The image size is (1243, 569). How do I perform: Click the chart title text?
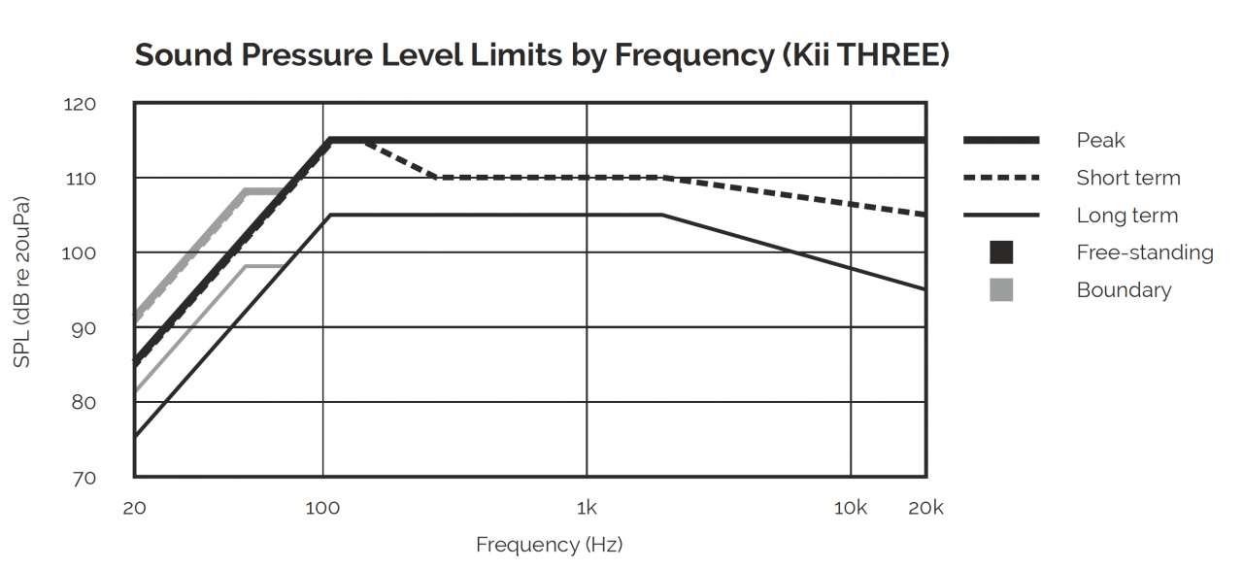(x=541, y=55)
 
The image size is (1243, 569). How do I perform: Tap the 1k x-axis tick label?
(x=586, y=509)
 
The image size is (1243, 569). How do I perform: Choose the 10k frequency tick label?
(x=851, y=509)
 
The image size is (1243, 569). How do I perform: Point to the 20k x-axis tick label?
(x=925, y=509)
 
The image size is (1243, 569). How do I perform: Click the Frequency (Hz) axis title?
(x=549, y=545)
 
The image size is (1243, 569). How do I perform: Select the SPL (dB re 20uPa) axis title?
(x=21, y=283)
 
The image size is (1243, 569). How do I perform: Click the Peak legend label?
(x=1100, y=141)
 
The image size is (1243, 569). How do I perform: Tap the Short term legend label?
(x=1127, y=178)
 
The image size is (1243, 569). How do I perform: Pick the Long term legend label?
(x=1126, y=216)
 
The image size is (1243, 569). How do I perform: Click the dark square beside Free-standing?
(x=1001, y=252)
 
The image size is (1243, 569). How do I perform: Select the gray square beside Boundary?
(x=1001, y=289)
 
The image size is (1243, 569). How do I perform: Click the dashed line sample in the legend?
(x=1001, y=178)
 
